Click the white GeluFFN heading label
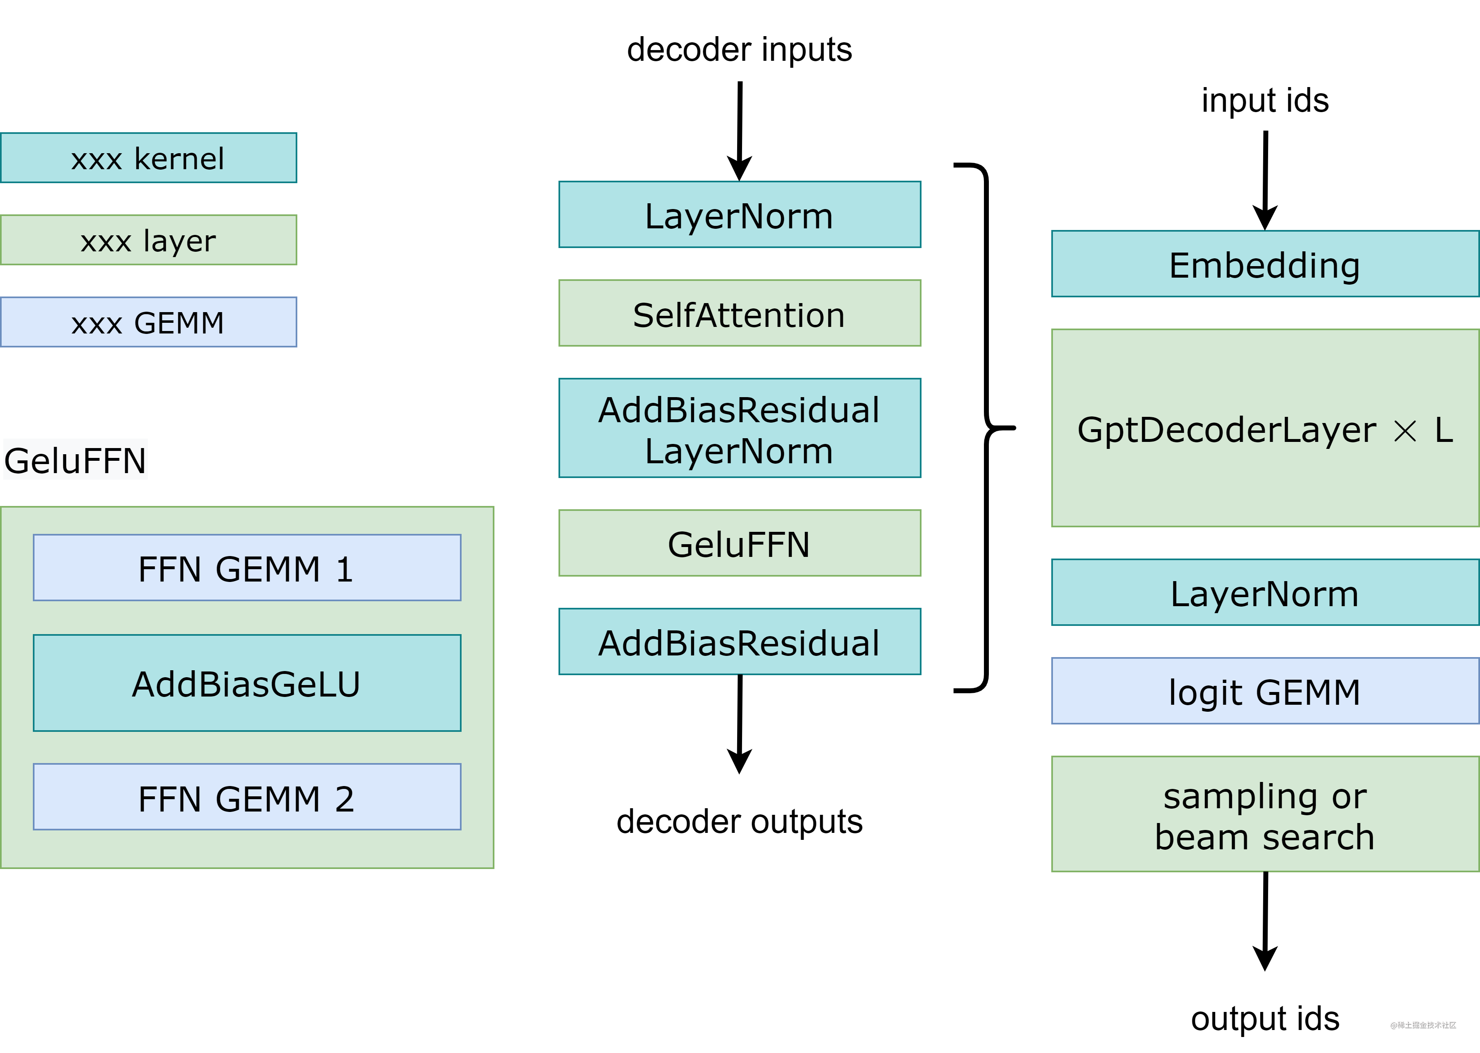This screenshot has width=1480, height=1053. [75, 460]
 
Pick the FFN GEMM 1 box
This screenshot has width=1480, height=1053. [247, 568]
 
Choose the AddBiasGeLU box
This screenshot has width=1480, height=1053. [247, 683]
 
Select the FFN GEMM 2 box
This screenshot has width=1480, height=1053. [247, 797]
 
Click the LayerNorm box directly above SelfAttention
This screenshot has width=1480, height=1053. [740, 215]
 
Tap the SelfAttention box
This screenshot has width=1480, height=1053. [740, 313]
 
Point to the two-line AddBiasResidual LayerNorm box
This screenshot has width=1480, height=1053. [740, 429]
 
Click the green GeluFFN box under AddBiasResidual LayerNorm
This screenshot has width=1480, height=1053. [740, 543]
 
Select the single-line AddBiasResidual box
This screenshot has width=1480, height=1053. [740, 642]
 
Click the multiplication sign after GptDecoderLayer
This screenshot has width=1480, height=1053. [1405, 430]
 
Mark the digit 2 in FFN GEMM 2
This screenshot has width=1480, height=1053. [344, 798]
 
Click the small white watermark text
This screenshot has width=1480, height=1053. [1423, 1025]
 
